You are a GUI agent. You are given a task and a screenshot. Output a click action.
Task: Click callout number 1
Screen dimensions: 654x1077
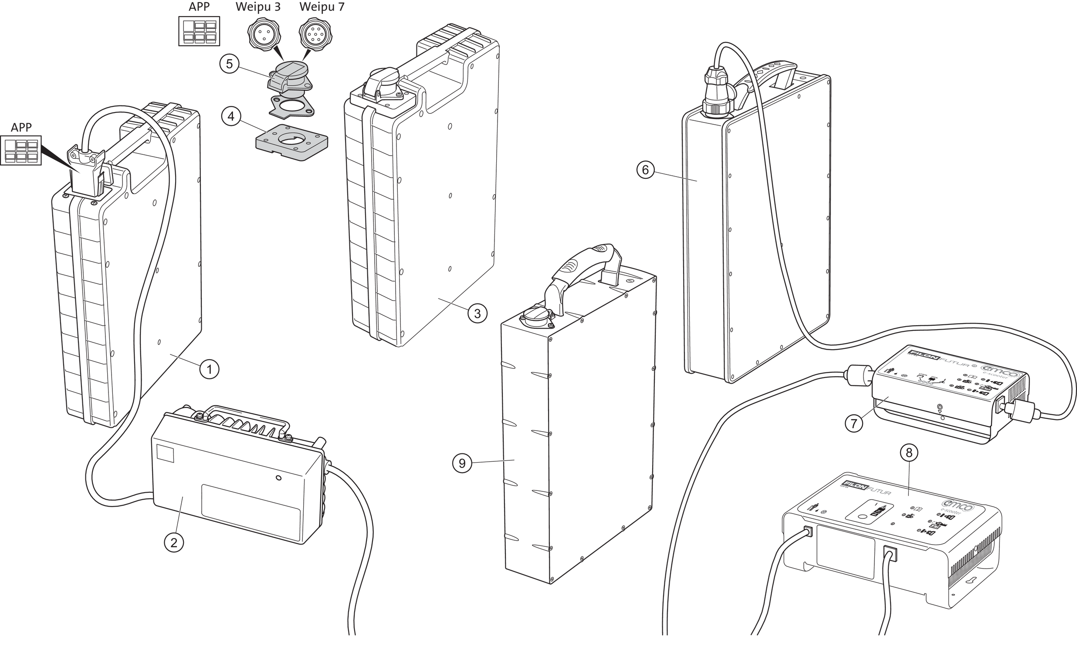tap(210, 370)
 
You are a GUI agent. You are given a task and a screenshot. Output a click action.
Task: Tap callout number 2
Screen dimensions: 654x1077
tap(174, 543)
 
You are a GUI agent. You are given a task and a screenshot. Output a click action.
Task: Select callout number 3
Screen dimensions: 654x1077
tap(477, 313)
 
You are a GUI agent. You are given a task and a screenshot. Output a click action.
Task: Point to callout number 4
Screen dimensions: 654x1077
tap(231, 116)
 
